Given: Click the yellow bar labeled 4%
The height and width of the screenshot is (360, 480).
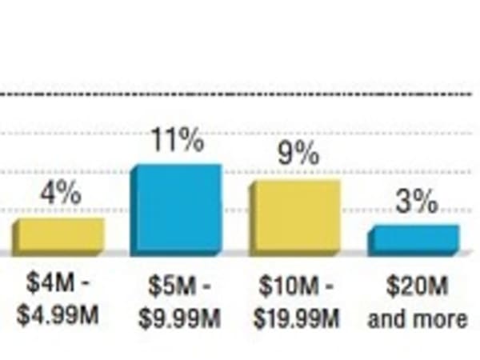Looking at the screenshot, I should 58,237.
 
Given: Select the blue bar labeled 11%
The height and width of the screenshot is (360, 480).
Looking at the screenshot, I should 175,210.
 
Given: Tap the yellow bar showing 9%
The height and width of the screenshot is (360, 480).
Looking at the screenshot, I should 294,217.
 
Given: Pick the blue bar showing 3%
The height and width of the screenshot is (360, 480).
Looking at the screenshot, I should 414,240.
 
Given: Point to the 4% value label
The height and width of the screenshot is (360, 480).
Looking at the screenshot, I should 60,194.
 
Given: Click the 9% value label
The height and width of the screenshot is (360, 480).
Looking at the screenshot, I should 298,154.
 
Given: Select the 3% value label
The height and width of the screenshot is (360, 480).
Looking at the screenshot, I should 417,202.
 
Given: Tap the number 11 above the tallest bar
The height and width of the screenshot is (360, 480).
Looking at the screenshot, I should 164,142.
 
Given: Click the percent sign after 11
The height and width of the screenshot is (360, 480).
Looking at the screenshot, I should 190,142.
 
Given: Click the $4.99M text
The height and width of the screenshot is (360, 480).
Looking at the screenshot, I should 58,314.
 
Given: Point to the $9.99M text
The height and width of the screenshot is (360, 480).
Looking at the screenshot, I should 178,318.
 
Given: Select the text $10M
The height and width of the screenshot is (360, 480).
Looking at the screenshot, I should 284,286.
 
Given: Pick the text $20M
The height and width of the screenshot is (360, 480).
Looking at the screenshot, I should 416,286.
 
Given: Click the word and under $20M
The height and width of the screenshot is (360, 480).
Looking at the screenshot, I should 386,318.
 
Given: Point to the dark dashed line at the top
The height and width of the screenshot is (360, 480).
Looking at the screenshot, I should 240,95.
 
